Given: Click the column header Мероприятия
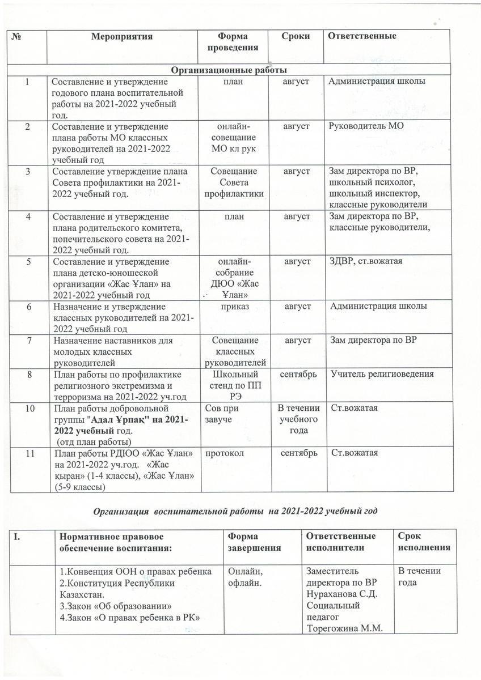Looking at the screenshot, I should [123, 36].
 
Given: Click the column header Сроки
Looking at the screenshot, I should [296, 36].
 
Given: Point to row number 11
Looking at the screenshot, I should [29, 453].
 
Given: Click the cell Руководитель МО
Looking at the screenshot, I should [366, 126].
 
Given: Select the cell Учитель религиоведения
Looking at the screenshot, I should [382, 374].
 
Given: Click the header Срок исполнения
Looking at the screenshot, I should [424, 542].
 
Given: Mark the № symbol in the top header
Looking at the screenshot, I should [16, 36].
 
